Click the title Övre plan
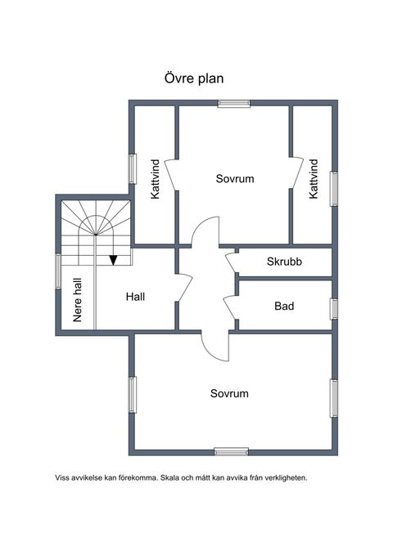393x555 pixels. (x=194, y=78)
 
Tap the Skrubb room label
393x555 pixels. (x=284, y=262)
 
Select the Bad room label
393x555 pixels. (x=284, y=306)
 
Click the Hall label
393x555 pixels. (x=135, y=297)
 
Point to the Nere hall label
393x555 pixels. (x=77, y=300)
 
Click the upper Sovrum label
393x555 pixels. (x=235, y=178)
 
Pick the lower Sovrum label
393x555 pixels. (x=229, y=393)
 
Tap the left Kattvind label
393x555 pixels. (x=156, y=179)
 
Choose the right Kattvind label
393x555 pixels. (x=314, y=179)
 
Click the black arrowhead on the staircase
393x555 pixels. (x=113, y=260)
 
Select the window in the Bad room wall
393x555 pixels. (x=333, y=309)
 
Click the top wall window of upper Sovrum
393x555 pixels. (x=233, y=103)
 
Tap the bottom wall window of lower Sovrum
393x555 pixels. (x=231, y=452)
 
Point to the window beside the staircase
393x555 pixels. (x=58, y=271)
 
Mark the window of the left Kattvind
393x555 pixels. (x=133, y=169)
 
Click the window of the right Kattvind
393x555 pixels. (x=333, y=189)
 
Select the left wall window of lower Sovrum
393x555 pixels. (x=133, y=395)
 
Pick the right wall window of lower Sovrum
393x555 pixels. (x=333, y=399)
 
